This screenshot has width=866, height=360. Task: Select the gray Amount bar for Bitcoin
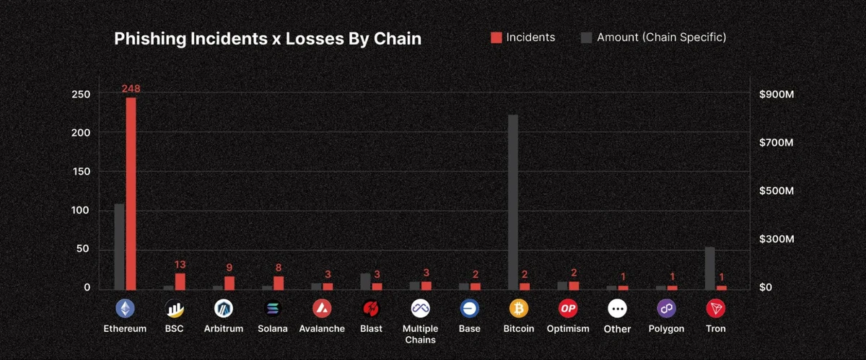(x=513, y=202)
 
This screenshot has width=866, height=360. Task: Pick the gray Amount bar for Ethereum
(x=119, y=246)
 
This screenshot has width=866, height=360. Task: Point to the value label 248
(x=131, y=89)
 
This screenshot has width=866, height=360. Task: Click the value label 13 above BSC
(x=180, y=265)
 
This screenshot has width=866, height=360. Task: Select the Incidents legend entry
(x=523, y=37)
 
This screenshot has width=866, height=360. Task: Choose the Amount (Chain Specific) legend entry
(x=654, y=37)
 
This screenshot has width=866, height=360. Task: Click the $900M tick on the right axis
(x=777, y=95)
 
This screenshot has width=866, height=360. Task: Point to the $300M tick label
(x=777, y=239)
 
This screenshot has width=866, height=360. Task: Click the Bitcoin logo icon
(x=519, y=309)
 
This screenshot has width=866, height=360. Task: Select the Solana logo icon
(x=273, y=309)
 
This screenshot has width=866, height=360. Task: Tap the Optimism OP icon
(x=568, y=309)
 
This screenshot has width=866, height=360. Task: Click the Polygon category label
(x=665, y=329)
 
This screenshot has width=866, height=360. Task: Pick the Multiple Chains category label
(x=420, y=334)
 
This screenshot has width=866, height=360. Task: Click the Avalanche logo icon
(x=322, y=309)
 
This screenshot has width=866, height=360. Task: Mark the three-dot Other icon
(x=617, y=309)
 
